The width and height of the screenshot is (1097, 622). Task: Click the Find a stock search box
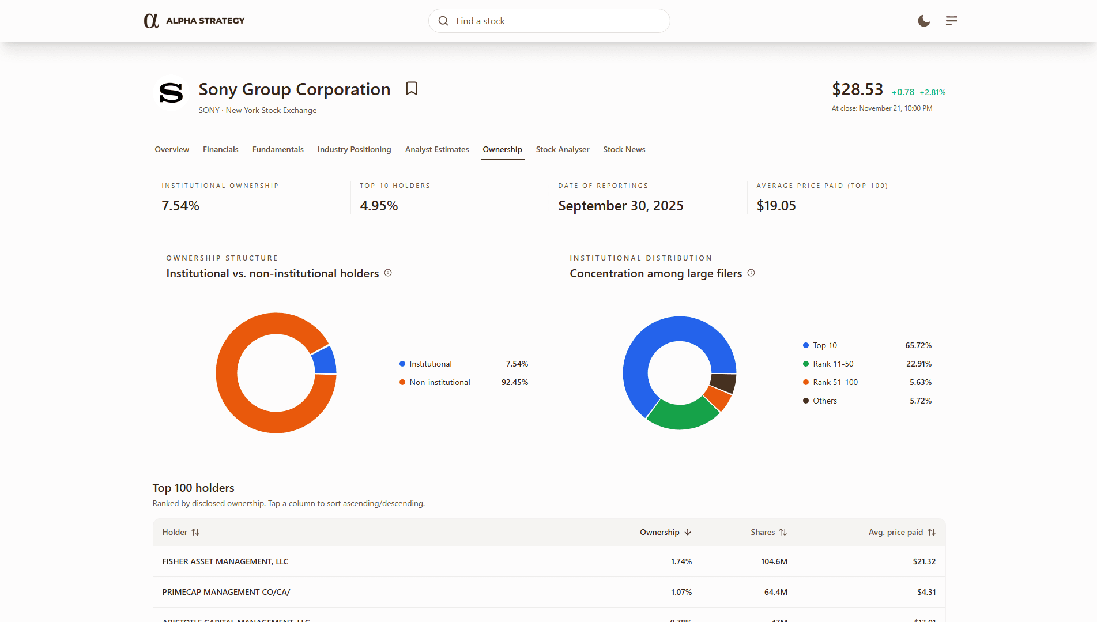pos(549,21)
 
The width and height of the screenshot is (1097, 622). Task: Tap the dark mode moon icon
pos(923,21)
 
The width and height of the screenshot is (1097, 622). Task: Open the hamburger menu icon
pos(951,21)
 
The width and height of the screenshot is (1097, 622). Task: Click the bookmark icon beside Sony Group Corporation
pos(411,88)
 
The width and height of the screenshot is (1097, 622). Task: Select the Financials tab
pos(220,149)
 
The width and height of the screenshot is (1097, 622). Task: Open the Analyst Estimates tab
pos(436,149)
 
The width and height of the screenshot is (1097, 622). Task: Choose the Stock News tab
pos(624,149)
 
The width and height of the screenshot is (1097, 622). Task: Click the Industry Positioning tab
pos(354,149)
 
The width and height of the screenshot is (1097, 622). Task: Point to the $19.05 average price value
pos(776,206)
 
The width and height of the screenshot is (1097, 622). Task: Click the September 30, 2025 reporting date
pos(620,206)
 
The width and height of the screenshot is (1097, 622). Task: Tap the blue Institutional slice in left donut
pos(325,360)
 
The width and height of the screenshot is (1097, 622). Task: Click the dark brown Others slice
pos(723,383)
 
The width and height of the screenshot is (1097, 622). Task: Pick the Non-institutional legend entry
pos(439,382)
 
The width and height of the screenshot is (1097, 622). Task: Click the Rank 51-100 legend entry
pos(835,382)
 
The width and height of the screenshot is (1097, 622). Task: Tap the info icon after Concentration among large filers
pos(751,273)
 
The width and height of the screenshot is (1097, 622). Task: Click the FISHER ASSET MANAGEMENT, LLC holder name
pos(225,561)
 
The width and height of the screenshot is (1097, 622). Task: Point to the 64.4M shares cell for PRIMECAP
pos(775,592)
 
